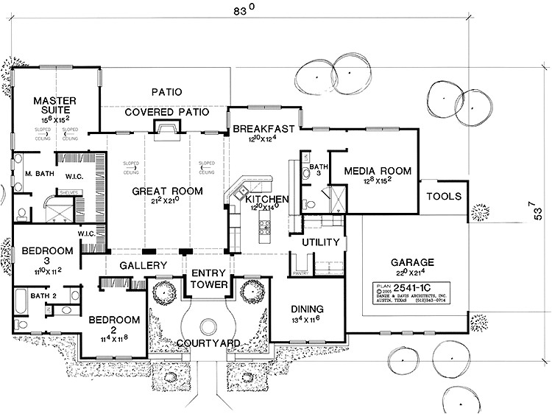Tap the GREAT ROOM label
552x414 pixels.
pos(167,191)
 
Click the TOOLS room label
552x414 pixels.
pos(444,197)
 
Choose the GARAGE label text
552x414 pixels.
pos(412,262)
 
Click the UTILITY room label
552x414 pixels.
pos(321,242)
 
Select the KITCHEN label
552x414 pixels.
pos(266,200)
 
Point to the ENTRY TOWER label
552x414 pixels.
pos(209,279)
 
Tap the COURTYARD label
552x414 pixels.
pos(209,343)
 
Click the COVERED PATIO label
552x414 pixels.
pos(166,112)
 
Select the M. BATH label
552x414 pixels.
pos(37,173)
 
